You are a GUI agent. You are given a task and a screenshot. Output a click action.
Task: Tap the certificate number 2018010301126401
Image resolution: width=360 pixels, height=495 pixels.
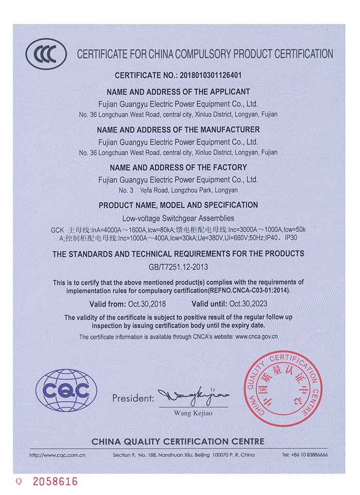[209, 75]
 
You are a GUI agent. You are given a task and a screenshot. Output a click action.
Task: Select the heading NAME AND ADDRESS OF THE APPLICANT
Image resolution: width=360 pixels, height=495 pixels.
[178, 92]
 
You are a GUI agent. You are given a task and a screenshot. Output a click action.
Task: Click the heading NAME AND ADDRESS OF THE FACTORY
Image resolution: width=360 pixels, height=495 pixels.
[178, 167]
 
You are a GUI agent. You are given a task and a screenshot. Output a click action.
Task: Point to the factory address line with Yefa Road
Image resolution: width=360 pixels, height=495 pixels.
[178, 190]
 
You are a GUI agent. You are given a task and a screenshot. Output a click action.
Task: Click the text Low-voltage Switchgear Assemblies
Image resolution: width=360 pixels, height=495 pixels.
[178, 218]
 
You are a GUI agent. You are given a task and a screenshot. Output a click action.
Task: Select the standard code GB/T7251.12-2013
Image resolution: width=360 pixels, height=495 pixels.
[178, 267]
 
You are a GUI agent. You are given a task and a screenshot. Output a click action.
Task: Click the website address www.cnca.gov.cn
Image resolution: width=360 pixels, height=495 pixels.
[256, 337]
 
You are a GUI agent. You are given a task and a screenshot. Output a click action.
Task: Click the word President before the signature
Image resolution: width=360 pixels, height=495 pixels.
[133, 398]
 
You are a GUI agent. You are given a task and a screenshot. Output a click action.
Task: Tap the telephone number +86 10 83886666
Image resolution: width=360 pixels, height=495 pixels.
[305, 455]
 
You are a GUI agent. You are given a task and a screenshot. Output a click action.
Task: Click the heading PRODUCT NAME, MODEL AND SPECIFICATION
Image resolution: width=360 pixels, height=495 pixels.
[178, 205]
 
